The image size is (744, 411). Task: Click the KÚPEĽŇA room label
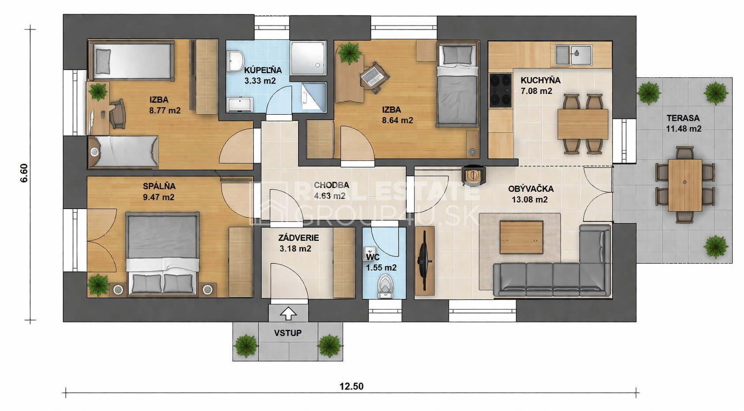[263, 70]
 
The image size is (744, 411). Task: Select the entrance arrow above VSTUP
[288, 314]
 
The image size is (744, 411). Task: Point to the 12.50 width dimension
[351, 386]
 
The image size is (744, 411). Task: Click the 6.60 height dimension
[24, 173]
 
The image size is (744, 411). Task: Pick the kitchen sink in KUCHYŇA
[573, 55]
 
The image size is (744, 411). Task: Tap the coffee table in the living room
[521, 237]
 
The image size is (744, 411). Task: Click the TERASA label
[683, 118]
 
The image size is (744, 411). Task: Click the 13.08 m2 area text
[529, 199]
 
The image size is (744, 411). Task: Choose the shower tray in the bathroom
[308, 58]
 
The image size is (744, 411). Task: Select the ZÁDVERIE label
[299, 238]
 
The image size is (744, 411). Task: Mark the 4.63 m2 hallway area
[330, 196]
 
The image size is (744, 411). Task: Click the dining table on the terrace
[685, 185]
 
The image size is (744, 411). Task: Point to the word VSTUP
[288, 333]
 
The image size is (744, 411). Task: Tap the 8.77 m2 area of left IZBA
[165, 111]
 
